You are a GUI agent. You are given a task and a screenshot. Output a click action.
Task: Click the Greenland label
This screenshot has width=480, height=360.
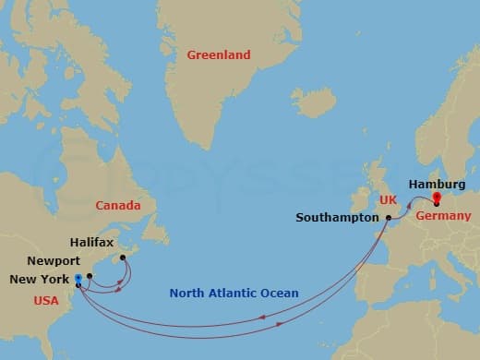click(219, 55)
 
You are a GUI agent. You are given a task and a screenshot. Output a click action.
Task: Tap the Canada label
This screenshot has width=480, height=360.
click(117, 205)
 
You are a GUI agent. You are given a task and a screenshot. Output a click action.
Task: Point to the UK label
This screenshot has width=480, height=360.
click(387, 199)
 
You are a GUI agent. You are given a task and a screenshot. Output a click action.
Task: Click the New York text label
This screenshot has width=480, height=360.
click(38, 279)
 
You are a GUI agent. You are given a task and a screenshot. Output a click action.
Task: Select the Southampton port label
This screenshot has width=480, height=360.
click(337, 219)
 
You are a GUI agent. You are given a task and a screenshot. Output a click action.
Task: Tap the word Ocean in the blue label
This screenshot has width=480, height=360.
click(281, 294)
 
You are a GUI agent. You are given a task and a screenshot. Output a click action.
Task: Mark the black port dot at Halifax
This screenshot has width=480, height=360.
click(123, 245)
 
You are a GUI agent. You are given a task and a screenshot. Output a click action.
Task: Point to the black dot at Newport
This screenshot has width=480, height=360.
click(90, 276)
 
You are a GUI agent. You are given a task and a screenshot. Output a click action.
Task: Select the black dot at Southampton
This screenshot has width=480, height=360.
click(389, 218)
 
